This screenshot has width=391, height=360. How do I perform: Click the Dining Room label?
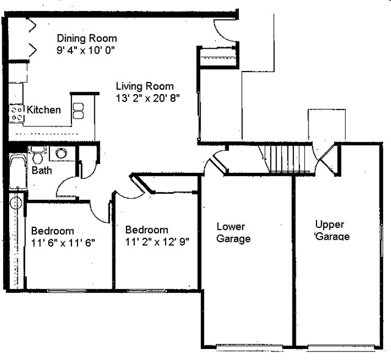[x=87, y=39]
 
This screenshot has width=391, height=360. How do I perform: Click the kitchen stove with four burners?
[x=16, y=113]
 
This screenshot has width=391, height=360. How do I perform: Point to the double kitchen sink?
[x=78, y=111]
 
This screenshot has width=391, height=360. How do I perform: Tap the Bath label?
[x=42, y=171]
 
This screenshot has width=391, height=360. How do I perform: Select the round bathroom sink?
[x=62, y=153]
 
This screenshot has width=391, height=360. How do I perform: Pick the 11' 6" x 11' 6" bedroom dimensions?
[x=63, y=242]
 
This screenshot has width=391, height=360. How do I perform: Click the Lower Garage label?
[x=233, y=233]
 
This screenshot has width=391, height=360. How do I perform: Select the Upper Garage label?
[x=332, y=230]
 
